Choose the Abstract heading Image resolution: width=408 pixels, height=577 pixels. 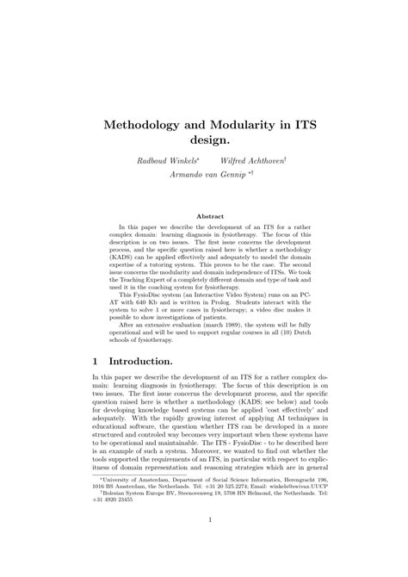pyautogui.click(x=204, y=216)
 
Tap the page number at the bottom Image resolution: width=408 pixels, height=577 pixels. pyautogui.click(x=204, y=543)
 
